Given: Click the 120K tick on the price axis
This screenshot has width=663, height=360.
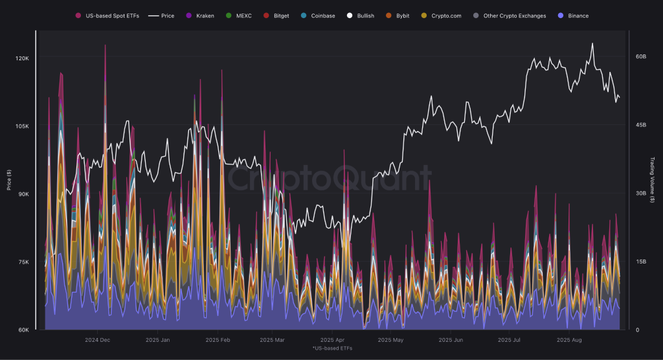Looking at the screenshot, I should point(23,58).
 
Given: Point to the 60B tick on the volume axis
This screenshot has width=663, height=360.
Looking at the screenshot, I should point(641,57).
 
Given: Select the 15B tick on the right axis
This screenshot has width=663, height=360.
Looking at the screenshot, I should point(641,262).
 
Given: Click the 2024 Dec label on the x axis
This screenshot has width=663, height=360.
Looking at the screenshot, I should point(97,339).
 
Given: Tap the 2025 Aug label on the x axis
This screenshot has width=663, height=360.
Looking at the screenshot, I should point(570,339).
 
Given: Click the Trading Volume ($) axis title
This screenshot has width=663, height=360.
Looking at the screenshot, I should point(652,181).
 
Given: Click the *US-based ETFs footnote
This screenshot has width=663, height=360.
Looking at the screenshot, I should point(331,348).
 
